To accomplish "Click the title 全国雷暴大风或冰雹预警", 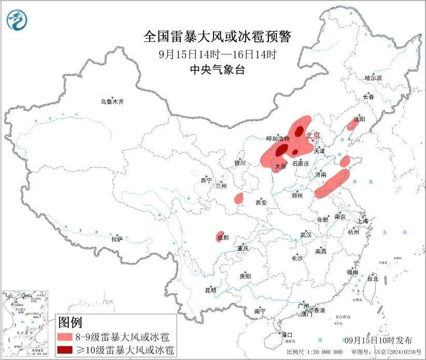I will pos(217,37).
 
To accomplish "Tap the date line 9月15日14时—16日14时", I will pos(217,54).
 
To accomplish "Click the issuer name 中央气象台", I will pos(217,70).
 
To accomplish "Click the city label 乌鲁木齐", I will pos(112,102).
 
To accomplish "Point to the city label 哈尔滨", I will pos(373,78).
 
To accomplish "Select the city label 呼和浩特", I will pos(278,138).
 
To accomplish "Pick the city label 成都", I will pos(223,238).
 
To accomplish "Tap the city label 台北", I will pos(372,279).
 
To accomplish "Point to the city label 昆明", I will pos(210,290).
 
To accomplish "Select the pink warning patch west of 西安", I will pos(238,198).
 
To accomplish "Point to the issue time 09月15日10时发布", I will pos(379,340).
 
